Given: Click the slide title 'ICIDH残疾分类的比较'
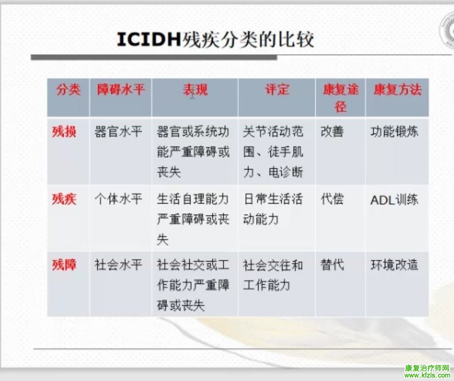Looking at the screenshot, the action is (215, 39).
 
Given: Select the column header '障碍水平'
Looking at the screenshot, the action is (121, 90).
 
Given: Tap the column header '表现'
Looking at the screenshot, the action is (195, 90).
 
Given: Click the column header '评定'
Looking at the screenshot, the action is (277, 90).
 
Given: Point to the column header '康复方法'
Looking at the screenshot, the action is (397, 90).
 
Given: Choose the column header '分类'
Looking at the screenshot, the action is (69, 90).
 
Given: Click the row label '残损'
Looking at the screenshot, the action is (64, 132).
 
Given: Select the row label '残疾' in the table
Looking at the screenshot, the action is (64, 200).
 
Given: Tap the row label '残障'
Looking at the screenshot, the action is (64, 265).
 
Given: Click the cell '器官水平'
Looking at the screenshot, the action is (118, 132).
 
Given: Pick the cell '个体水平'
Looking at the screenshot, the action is (118, 200).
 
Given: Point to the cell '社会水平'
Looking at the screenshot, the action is (118, 265).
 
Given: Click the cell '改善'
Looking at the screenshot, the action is (332, 132).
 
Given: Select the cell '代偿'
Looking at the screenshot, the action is (332, 200).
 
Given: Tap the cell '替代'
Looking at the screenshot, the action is (332, 265).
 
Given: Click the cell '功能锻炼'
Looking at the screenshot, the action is (394, 132).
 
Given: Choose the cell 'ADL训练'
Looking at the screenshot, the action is (394, 200).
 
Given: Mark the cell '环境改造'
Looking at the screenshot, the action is (394, 265).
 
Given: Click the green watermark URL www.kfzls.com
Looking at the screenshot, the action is (427, 375).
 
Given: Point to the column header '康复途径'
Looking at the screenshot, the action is (341, 98).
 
